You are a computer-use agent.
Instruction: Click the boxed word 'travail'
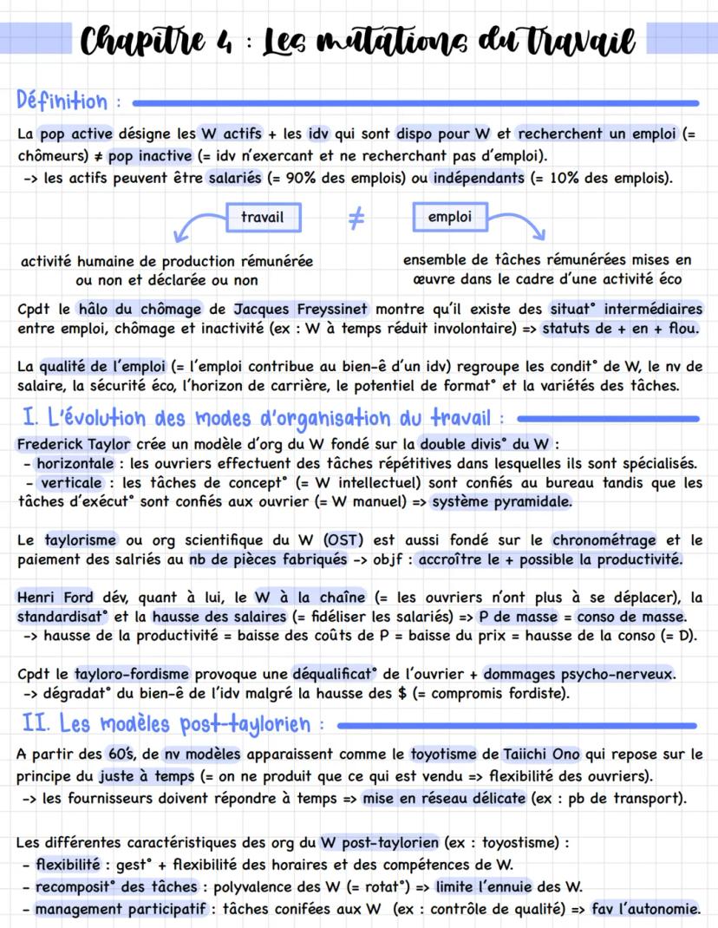coord(262,217)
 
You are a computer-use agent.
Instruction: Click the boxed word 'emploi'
coord(449,217)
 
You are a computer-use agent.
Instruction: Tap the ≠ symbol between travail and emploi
coord(356,219)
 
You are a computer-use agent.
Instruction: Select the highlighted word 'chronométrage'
coord(604,539)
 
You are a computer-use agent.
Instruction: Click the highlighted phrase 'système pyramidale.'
coord(501,501)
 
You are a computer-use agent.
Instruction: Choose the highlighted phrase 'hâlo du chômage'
coord(140,309)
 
